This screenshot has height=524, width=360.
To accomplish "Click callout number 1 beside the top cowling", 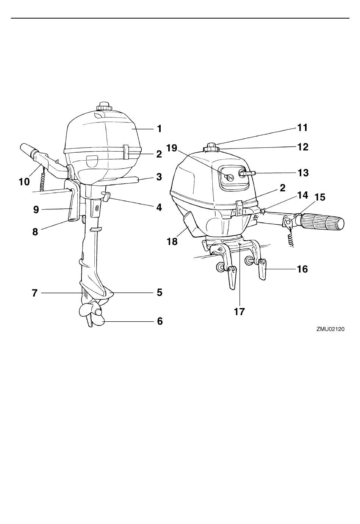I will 160,129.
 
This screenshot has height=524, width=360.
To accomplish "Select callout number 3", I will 159,177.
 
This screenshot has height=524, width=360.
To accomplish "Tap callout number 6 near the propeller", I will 160,321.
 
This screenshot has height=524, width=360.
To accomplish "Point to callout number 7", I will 34,293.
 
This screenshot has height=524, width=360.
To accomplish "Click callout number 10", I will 24,182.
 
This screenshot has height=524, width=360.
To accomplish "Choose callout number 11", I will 302,128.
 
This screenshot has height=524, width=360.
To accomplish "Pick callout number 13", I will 303,173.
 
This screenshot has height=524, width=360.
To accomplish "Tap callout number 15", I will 320,197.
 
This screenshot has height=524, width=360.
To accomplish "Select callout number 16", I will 302,269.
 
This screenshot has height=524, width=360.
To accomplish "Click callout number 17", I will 239,312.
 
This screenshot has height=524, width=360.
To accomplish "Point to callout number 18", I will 172,241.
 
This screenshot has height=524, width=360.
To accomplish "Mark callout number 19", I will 172,147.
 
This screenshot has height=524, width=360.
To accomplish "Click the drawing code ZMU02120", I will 330,330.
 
